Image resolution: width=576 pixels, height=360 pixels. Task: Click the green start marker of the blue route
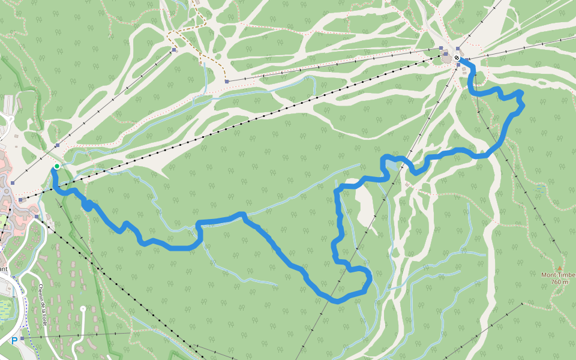(56, 166)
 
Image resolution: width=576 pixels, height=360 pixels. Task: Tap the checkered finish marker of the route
(457, 58)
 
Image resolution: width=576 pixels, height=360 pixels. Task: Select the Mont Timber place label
(558, 275)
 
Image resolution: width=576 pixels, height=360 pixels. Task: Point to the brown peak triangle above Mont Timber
(560, 268)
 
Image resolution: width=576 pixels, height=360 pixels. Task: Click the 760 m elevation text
(559, 282)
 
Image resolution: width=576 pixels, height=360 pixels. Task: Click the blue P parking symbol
(14, 340)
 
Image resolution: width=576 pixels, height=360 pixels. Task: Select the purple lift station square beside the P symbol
(22, 338)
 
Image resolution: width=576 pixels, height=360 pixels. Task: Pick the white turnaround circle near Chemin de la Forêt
(83, 308)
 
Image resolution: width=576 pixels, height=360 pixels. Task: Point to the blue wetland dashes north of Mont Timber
(542, 188)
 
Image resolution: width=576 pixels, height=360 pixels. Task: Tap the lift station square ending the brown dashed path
(227, 81)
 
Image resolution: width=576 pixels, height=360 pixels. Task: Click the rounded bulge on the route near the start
(88, 206)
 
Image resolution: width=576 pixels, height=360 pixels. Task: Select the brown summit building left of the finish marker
(446, 58)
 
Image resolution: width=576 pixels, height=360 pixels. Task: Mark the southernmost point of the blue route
(337, 301)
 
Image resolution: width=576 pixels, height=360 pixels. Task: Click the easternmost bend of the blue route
(523, 105)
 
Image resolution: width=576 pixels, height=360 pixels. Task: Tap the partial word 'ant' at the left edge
(4, 269)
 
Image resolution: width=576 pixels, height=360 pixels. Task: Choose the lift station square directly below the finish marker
(458, 64)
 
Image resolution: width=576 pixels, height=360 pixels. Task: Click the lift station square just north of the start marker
(57, 145)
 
